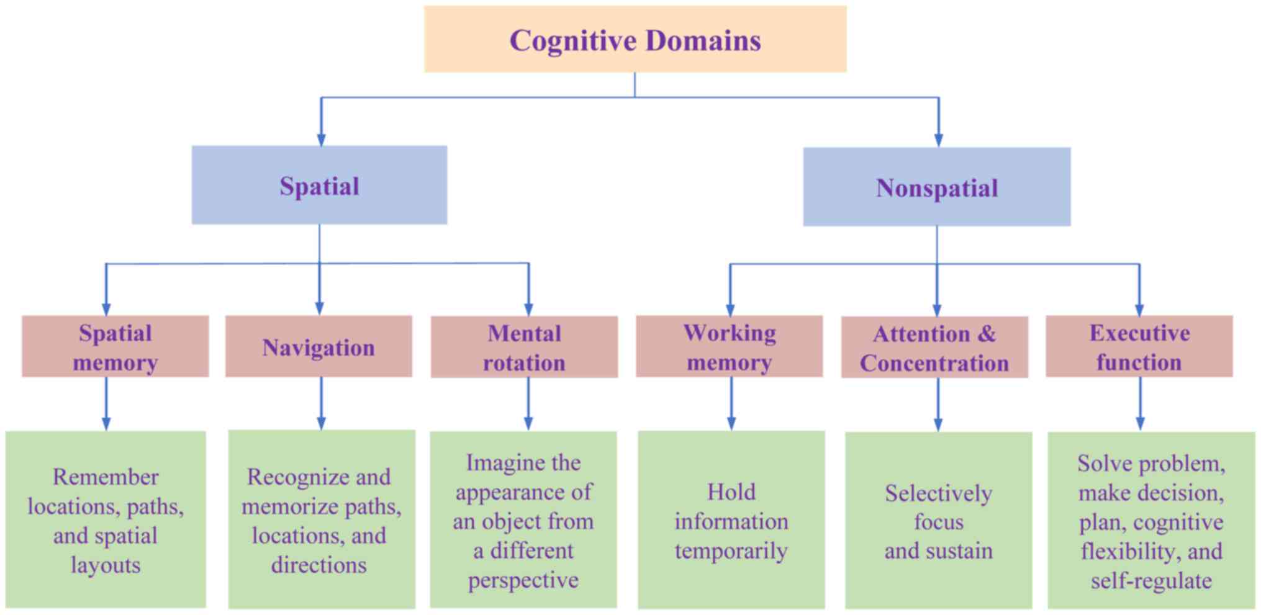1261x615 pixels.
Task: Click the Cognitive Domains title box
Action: coord(635,40)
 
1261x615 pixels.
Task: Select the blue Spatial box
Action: coord(319,185)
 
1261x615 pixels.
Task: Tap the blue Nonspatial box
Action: coord(936,187)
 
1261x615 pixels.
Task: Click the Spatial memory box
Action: coord(115,347)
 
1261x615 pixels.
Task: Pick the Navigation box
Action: coord(319,347)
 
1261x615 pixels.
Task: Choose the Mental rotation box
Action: coord(524,348)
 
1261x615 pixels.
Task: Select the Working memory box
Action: coord(730,347)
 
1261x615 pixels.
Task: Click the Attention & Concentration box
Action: coord(934,348)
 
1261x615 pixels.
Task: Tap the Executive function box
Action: coord(1139,347)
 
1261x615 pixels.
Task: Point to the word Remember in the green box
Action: coord(106,477)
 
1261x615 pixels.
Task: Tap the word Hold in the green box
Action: coord(731,492)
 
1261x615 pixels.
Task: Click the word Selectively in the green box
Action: coord(938,493)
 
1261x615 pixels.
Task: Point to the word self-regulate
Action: coord(1151,581)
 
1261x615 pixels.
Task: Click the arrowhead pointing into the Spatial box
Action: coord(321,139)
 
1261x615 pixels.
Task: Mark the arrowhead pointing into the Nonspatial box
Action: coord(938,140)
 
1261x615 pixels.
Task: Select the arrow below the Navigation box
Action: coord(321,403)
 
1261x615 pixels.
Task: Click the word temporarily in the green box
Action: coord(731,551)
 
